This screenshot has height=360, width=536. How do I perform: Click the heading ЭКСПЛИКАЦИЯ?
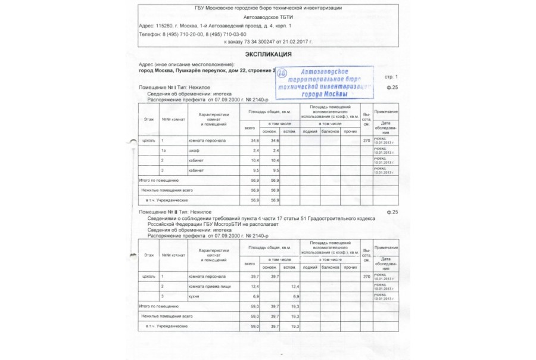(268, 54)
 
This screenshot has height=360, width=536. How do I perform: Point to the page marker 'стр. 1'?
(390, 77)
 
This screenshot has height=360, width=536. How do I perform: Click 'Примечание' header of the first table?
(386, 112)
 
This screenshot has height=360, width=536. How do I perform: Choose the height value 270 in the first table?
(366, 140)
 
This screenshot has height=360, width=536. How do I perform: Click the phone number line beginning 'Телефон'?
(192, 35)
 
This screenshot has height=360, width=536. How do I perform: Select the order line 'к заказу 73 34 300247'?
(268, 43)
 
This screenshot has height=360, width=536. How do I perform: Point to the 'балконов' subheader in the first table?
(329, 131)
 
